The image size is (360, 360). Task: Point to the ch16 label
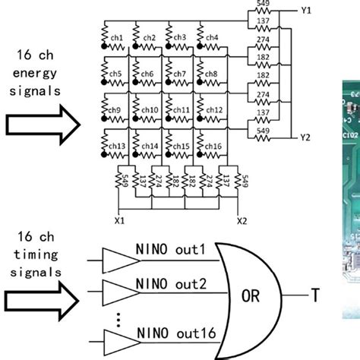point(213,145)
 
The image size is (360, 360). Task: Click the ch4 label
point(213,38)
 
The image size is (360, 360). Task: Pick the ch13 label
point(118,145)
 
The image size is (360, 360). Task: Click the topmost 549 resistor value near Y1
point(263,4)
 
